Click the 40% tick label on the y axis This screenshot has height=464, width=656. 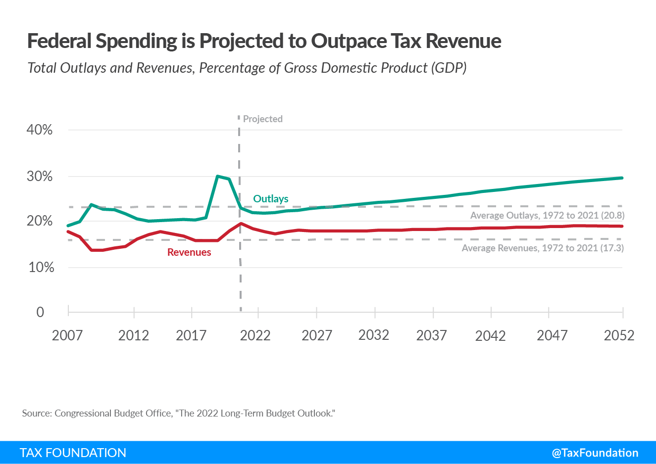40,130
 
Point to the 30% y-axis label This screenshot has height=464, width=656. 40,177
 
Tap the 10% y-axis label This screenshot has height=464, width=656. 41,268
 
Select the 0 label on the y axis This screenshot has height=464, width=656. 40,312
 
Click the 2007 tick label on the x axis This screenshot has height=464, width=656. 67,335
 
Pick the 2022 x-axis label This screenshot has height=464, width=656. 255,335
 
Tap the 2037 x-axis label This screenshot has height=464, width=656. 432,335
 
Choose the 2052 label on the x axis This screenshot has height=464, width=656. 619,335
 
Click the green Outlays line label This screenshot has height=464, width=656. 270,199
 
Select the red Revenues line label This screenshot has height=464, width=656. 189,252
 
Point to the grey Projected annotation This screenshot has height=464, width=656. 263,119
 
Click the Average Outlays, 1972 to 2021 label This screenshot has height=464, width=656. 547,215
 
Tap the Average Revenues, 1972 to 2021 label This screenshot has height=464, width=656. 543,248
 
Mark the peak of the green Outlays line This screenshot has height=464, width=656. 217,176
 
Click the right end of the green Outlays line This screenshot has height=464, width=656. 622,178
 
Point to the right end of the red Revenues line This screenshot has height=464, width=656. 622,226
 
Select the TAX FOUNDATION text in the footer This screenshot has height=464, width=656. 73,453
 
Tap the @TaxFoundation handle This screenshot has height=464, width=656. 595,453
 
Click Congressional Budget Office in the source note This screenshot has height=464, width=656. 113,413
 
